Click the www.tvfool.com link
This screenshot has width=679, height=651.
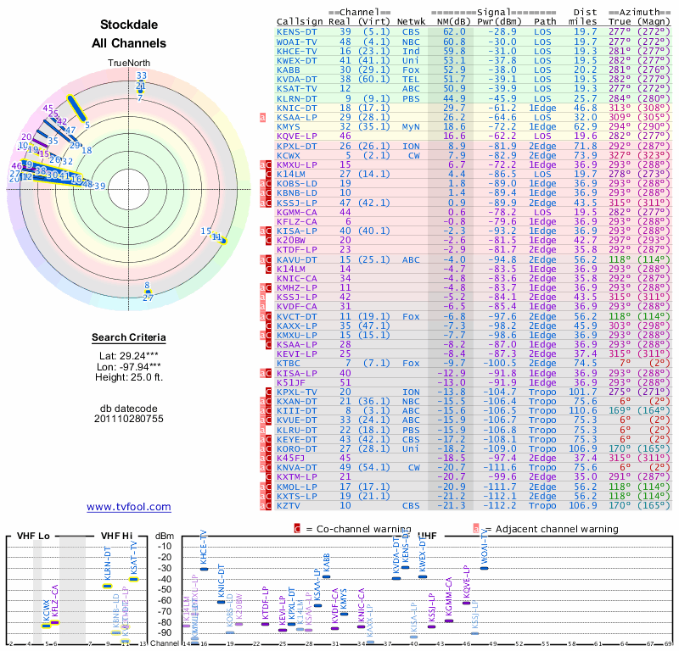pos(129,507)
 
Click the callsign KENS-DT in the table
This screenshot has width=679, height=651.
pos(297,31)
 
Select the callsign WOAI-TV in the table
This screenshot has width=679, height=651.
pos(297,41)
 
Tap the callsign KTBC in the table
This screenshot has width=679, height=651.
pos(289,363)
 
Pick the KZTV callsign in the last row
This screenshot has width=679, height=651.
pos(289,505)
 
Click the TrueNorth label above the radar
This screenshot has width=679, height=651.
pos(129,64)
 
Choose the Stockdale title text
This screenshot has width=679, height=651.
pos(129,25)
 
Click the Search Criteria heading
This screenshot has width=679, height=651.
pos(129,338)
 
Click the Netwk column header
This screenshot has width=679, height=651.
pos(411,22)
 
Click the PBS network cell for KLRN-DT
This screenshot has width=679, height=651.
pos(411,97)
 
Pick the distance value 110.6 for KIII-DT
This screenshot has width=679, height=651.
pos(583,410)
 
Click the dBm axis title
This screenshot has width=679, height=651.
pos(163,535)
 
